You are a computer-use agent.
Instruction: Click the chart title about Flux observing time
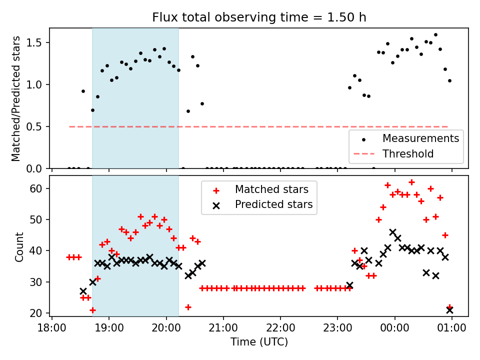pyautogui.click(x=259, y=17)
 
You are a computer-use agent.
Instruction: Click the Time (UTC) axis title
pyautogui.click(x=259, y=342)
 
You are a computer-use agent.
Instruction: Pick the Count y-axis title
pyautogui.click(x=19, y=246)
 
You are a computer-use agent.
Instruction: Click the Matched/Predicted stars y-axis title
pyautogui.click(x=16, y=98)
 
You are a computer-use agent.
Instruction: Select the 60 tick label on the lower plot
pyautogui.click(x=40, y=189)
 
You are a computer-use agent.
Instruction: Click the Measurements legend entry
pyautogui.click(x=420, y=138)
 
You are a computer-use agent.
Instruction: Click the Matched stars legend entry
pyautogui.click(x=271, y=190)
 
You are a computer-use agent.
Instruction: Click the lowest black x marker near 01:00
pyautogui.click(x=449, y=310)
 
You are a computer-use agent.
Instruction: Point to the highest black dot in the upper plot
pyautogui.click(x=435, y=35)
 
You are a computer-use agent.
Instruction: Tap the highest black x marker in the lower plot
pyautogui.click(x=392, y=232)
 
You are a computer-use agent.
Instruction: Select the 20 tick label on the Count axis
pyautogui.click(x=40, y=313)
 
